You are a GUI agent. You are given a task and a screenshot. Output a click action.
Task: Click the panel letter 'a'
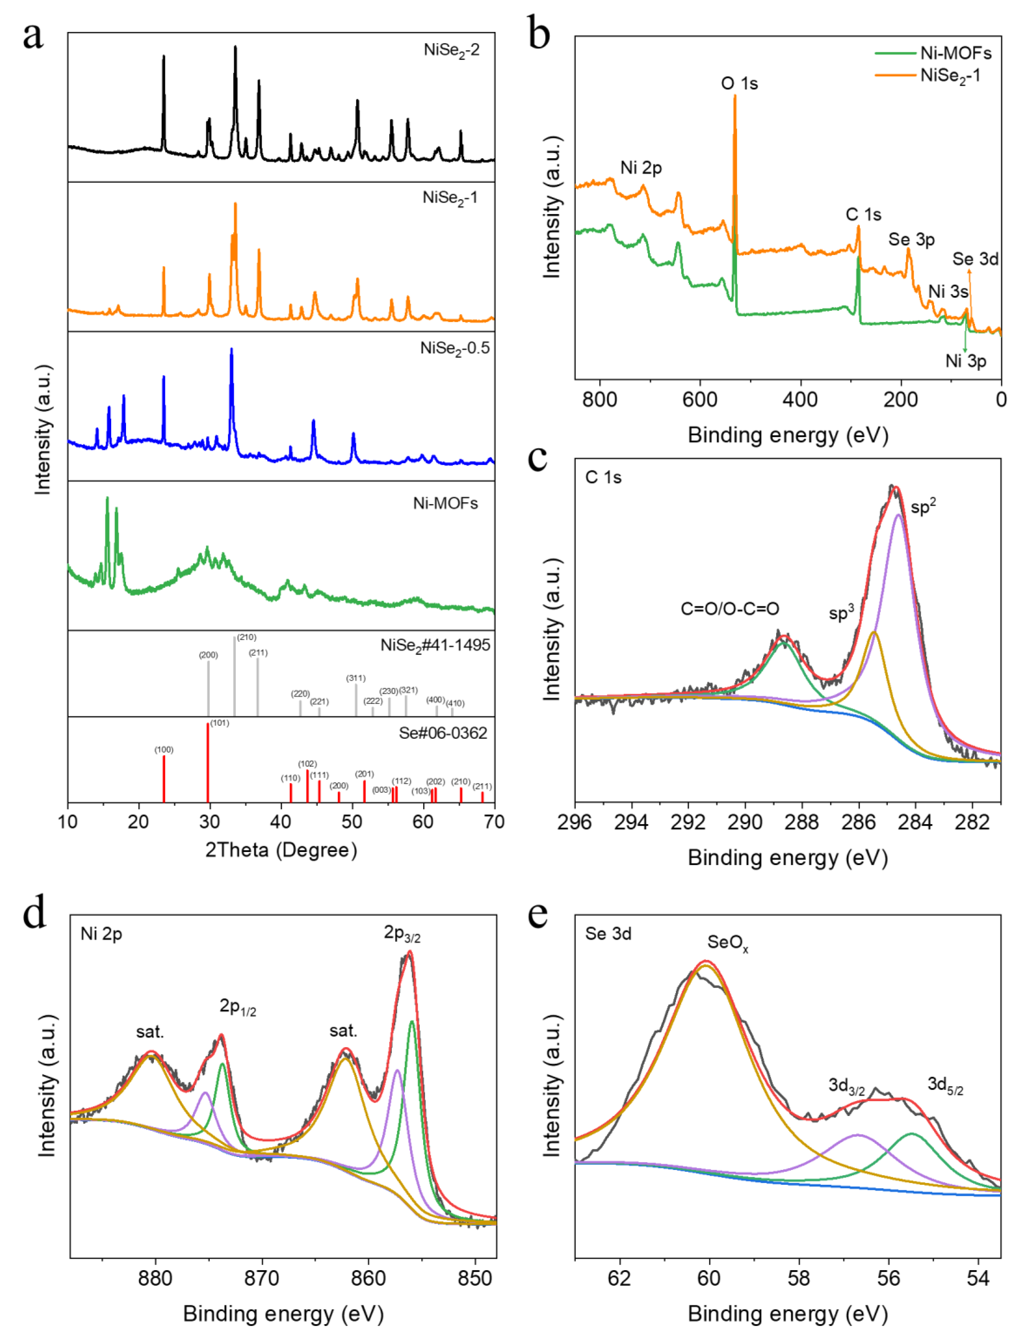coord(33,36)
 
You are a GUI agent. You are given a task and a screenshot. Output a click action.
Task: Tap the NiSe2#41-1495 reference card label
coord(435,645)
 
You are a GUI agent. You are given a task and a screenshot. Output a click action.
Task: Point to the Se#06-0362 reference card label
coord(443,733)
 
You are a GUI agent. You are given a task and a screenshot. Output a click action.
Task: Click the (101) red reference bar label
coord(220,723)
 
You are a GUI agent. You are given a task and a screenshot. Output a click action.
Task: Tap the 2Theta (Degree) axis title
coord(281,850)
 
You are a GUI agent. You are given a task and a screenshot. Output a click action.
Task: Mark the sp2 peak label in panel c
coord(923,506)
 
